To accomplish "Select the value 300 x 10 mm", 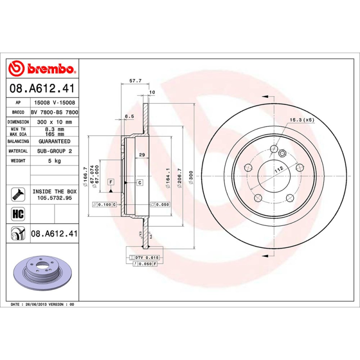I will point(54,122).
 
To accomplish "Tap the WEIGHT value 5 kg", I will point(54,161).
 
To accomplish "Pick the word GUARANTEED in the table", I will point(54,141).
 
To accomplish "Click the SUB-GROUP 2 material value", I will point(54,151).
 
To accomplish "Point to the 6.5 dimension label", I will point(129,116).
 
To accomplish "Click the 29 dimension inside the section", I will point(141,155).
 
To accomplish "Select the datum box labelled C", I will point(139,182).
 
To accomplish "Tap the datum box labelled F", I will point(110,182).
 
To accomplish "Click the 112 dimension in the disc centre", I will point(279,170).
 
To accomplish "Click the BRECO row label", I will point(18,112).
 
